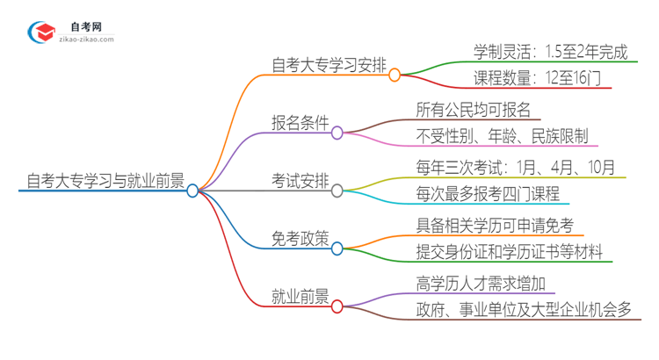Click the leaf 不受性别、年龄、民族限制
[507, 137]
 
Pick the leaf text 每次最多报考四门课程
[488, 195]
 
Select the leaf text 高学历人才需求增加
[485, 284]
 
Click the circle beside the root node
[192, 191]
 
